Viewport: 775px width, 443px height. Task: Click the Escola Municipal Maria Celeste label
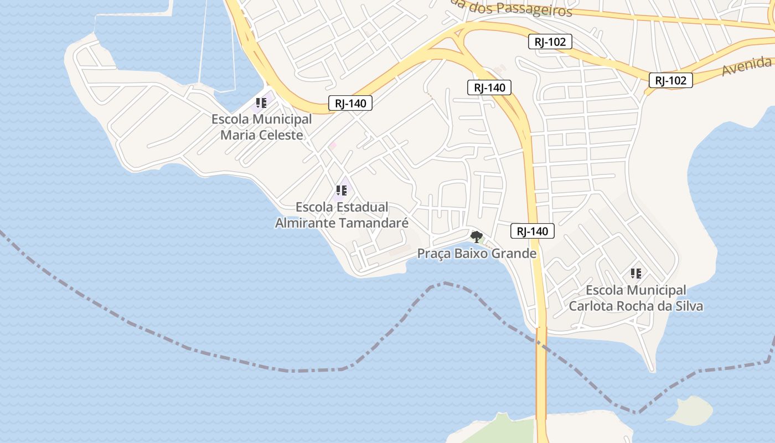pyautogui.click(x=261, y=127)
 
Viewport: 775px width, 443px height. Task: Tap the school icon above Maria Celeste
pyautogui.click(x=261, y=103)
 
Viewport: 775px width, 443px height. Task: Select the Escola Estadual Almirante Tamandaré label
pyautogui.click(x=342, y=215)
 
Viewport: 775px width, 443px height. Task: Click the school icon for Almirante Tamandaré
pyautogui.click(x=342, y=191)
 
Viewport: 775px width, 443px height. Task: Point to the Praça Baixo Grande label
pyautogui.click(x=477, y=254)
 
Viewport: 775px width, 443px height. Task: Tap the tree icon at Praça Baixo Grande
pyautogui.click(x=476, y=237)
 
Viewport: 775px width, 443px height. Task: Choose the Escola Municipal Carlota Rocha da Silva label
pyautogui.click(x=636, y=298)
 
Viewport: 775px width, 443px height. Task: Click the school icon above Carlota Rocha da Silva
pyautogui.click(x=636, y=273)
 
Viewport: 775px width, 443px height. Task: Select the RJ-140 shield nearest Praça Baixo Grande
pyautogui.click(x=532, y=231)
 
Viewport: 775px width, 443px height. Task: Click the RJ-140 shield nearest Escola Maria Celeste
pyautogui.click(x=350, y=103)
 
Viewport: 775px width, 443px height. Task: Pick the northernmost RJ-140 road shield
pyautogui.click(x=489, y=87)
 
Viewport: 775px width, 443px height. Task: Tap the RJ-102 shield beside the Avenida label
pyautogui.click(x=670, y=80)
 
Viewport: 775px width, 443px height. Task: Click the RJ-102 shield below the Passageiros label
pyautogui.click(x=550, y=42)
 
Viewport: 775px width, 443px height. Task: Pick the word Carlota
pyautogui.click(x=592, y=306)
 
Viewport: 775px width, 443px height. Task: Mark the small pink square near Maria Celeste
pyautogui.click(x=333, y=145)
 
